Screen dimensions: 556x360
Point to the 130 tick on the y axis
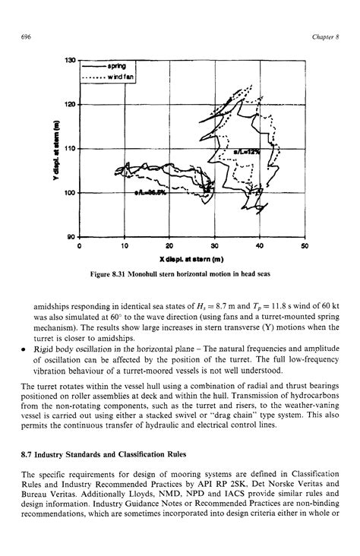click(71, 60)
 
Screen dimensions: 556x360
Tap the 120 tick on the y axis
click(71, 105)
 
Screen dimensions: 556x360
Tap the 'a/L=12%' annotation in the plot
click(247, 151)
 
